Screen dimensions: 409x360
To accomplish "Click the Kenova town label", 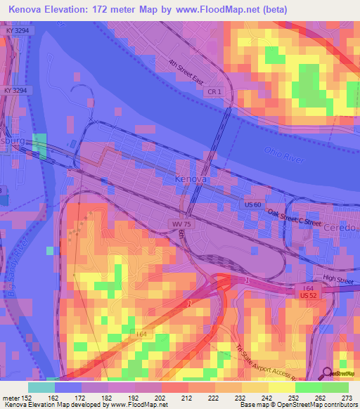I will click(x=189, y=180).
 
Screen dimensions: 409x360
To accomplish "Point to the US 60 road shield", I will click(x=254, y=204).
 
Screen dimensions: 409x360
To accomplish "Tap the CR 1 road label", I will click(x=214, y=92).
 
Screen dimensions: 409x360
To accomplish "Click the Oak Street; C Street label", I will click(x=293, y=219).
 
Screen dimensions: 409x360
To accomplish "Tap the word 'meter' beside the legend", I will click(x=10, y=398).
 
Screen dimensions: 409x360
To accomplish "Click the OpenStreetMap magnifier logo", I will click(x=328, y=375).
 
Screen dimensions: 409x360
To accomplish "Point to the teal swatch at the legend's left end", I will click(x=41, y=387).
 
